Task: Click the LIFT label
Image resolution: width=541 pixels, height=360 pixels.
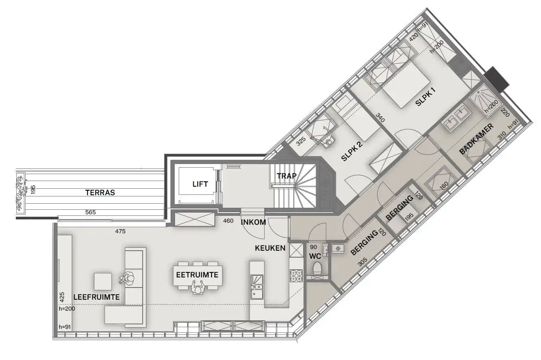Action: pyautogui.click(x=200, y=184)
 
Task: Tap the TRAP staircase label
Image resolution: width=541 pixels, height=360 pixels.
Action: pyautogui.click(x=287, y=176)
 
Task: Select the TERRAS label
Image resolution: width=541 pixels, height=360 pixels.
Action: pyautogui.click(x=100, y=193)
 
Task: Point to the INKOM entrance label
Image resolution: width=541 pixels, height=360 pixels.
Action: pyautogui.click(x=253, y=222)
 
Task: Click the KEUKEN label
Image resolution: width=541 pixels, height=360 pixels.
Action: pyautogui.click(x=270, y=248)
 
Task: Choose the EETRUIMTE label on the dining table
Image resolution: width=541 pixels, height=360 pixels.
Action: pyautogui.click(x=197, y=275)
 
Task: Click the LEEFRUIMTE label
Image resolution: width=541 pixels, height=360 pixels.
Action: pyautogui.click(x=96, y=297)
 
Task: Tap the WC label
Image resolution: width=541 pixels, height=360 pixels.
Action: pyautogui.click(x=315, y=256)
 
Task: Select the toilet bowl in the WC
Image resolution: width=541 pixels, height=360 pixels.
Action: pyautogui.click(x=317, y=268)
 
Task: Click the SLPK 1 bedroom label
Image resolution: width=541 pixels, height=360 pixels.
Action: pyautogui.click(x=425, y=98)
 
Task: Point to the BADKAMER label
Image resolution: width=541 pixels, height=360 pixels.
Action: pyautogui.click(x=476, y=140)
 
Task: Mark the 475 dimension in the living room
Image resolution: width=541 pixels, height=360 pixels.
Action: pyautogui.click(x=120, y=232)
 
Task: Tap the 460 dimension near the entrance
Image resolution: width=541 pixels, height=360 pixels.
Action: pyautogui.click(x=229, y=221)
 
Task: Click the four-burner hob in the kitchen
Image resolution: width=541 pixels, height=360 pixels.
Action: pyautogui.click(x=295, y=275)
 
